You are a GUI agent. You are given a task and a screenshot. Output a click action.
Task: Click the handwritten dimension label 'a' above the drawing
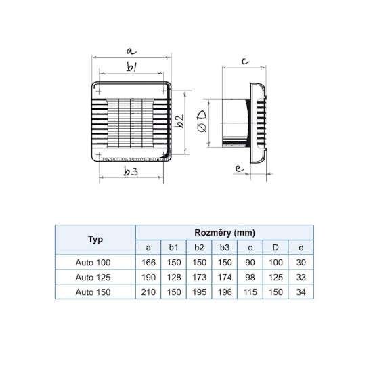pyautogui.click(x=131, y=51)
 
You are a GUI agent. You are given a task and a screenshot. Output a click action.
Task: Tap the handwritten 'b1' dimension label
pyautogui.click(x=132, y=67)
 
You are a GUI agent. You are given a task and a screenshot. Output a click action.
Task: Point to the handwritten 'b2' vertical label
pyautogui.click(x=179, y=120)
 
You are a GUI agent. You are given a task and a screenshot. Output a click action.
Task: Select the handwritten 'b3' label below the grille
pyautogui.click(x=131, y=171)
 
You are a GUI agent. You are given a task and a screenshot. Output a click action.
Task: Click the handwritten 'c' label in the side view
pyautogui.click(x=246, y=61)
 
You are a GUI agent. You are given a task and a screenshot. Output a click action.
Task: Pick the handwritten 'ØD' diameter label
pyautogui.click(x=202, y=122)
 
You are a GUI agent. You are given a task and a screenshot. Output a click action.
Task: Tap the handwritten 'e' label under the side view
pyautogui.click(x=239, y=169)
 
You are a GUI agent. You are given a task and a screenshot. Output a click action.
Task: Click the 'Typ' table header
pyautogui.click(x=95, y=239)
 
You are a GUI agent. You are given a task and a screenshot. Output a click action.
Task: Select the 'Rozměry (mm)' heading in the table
pyautogui.click(x=225, y=233)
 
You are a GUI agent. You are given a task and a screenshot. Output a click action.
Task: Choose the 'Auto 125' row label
pyautogui.click(x=93, y=278)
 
